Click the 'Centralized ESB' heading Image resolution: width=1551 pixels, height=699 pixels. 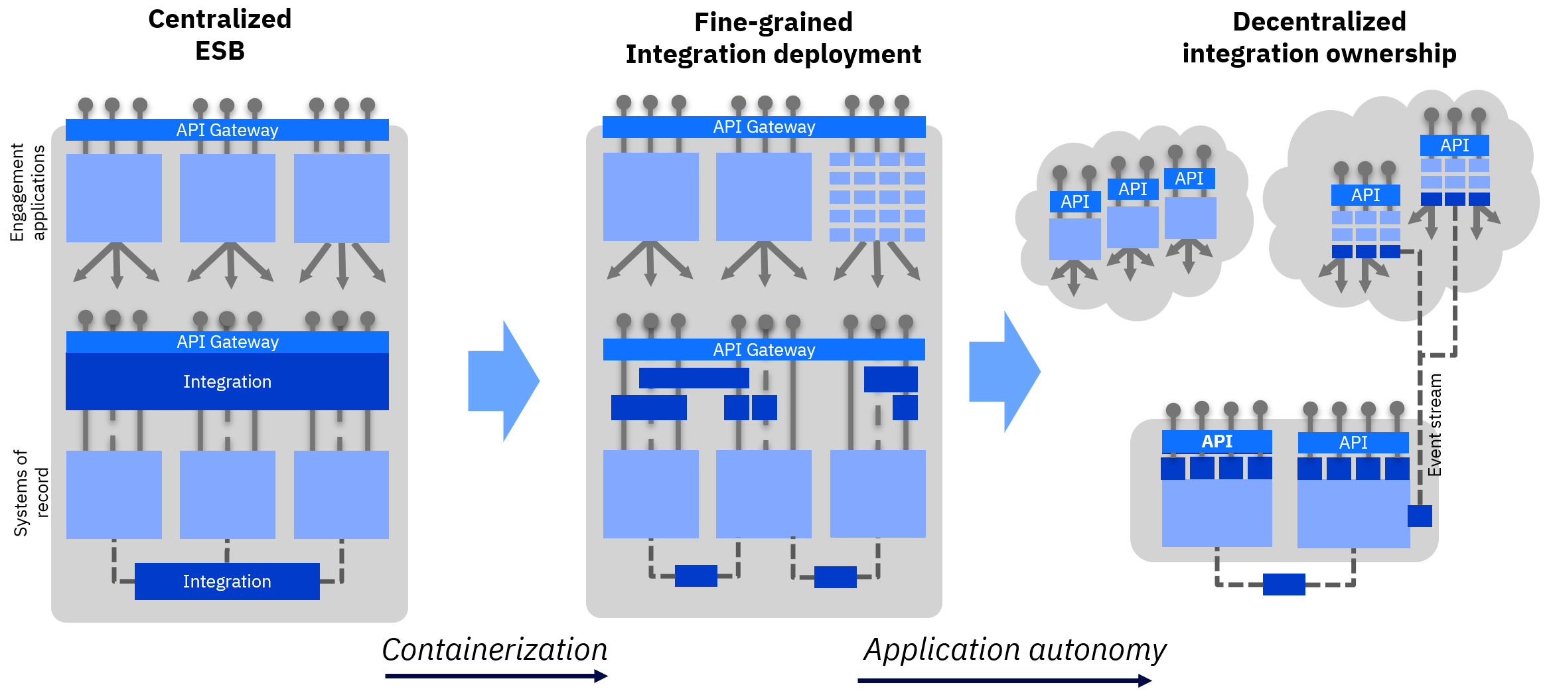(220, 35)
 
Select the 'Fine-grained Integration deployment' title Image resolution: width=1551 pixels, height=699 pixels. (773, 39)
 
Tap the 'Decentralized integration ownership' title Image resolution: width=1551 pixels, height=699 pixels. (1319, 38)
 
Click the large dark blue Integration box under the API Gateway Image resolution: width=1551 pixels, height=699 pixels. (227, 382)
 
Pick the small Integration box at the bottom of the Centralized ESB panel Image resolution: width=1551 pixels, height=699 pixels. (227, 582)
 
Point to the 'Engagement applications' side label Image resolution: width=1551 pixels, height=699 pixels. (28, 193)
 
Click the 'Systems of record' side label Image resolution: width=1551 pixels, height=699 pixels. (31, 493)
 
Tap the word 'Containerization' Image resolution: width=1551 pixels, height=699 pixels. (494, 650)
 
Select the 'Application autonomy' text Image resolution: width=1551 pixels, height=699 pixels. (1015, 650)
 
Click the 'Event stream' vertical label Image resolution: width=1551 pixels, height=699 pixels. (1435, 425)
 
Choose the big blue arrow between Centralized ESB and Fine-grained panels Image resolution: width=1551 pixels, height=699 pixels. (504, 381)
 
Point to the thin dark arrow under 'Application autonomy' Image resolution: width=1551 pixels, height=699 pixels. (1004, 680)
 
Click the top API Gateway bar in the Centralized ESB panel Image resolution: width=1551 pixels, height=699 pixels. (227, 130)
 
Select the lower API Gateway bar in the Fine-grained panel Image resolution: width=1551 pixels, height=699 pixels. (764, 350)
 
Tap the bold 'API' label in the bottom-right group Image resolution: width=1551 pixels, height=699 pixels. (1217, 441)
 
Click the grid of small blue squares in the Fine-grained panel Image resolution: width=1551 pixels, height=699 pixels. (877, 196)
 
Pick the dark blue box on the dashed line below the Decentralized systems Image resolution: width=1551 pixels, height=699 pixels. (1284, 584)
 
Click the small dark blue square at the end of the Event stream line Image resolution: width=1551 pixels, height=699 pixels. (1420, 516)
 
